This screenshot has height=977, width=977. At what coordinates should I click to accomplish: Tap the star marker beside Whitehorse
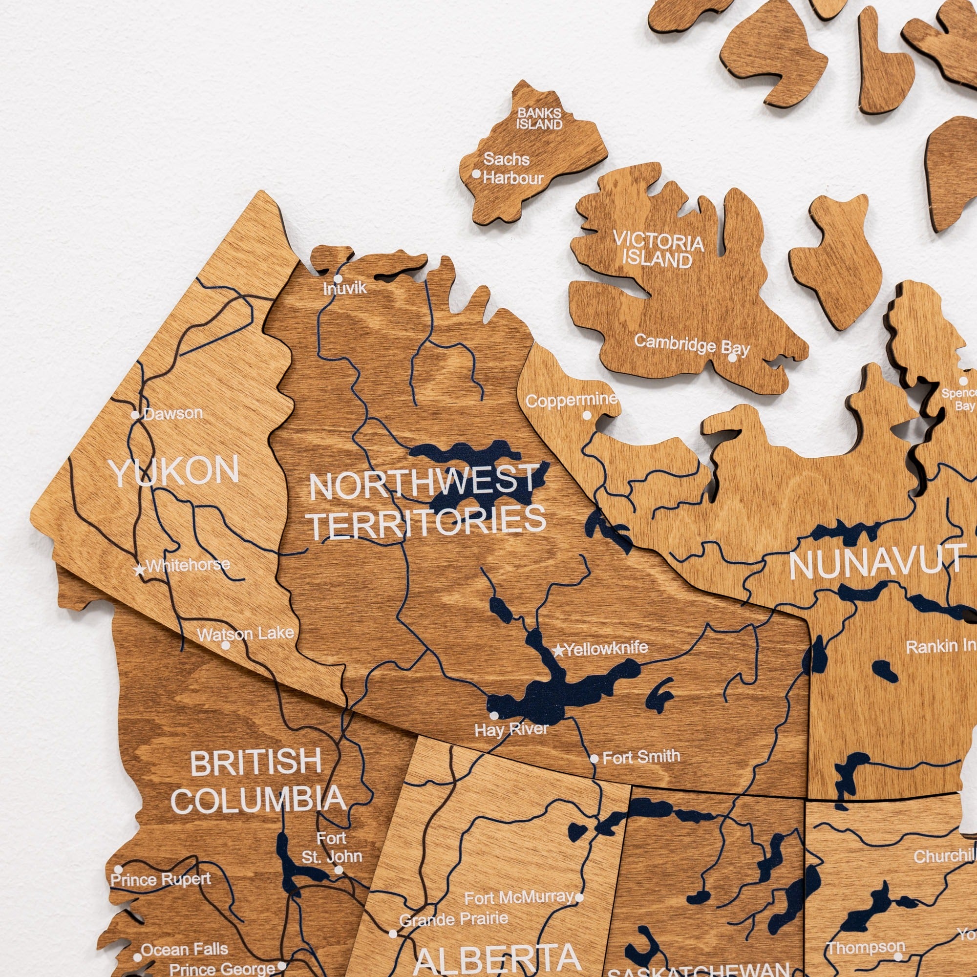[x=140, y=570]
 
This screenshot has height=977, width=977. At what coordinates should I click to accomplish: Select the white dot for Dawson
[x=135, y=415]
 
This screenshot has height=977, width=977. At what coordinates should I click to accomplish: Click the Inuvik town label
[x=345, y=289]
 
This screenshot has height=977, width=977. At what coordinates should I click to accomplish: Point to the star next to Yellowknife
[x=558, y=650]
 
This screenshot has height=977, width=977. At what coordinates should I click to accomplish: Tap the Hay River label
[x=511, y=730]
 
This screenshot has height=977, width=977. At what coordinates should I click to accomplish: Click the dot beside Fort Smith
[x=594, y=759]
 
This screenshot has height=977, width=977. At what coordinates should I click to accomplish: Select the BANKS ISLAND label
[x=539, y=119]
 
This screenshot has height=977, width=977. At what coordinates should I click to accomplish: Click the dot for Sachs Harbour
[x=476, y=174]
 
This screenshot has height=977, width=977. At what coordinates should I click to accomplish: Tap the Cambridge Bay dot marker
[x=732, y=358]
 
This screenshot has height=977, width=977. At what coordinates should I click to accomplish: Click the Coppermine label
[x=572, y=400]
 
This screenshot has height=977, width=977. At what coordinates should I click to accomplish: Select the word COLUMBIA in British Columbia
[x=258, y=800]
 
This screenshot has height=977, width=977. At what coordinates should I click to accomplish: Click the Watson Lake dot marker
[x=226, y=645]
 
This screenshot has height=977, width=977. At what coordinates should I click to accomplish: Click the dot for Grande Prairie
[x=392, y=934]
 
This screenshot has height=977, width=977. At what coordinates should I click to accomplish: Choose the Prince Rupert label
[x=161, y=879]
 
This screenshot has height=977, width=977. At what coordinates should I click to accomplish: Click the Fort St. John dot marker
[x=339, y=870]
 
